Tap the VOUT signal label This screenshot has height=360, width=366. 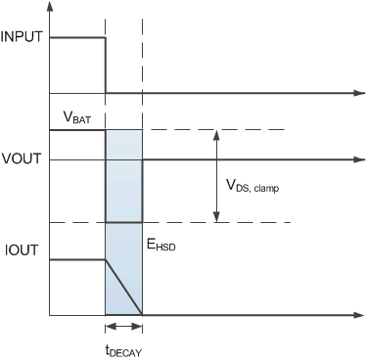tap(21, 159)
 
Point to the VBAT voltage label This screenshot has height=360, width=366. tap(77, 117)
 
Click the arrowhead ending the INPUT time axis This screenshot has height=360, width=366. tap(353, 94)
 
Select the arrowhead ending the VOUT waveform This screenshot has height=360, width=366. tap(353, 159)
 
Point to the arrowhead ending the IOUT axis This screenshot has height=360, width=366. tap(353, 315)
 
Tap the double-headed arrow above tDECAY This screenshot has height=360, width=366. tap(124, 329)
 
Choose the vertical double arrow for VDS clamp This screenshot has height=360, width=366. tap(214, 177)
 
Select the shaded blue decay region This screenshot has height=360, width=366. tap(124, 196)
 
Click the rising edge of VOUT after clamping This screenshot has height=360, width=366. tap(143, 191)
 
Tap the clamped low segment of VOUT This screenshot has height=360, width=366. tap(124, 223)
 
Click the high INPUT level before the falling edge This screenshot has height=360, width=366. tap(76, 38)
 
